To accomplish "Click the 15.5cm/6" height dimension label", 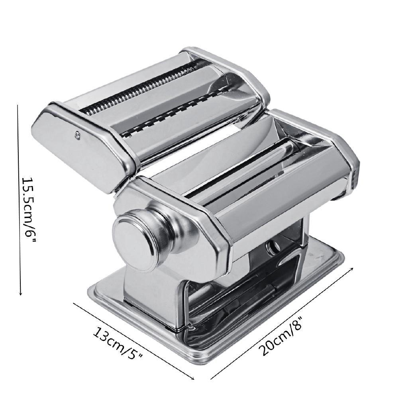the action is (x=29, y=210).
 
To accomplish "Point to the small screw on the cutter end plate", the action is (x=77, y=134).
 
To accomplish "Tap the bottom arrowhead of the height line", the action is (x=20, y=294).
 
